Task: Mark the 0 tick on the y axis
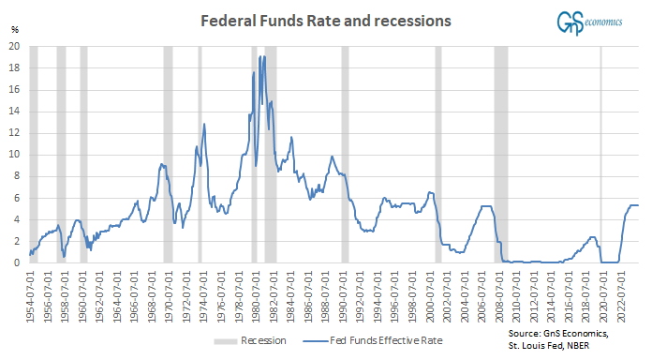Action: [17, 263]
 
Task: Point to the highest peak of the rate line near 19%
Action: [264, 57]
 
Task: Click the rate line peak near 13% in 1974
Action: [203, 124]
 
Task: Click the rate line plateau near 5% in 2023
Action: [633, 205]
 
